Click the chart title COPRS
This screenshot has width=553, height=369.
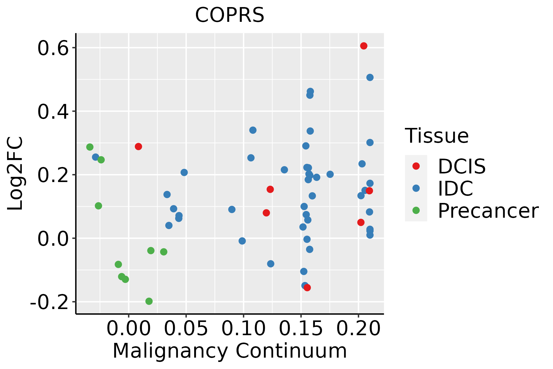point(229,15)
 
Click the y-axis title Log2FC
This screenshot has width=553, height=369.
point(15,174)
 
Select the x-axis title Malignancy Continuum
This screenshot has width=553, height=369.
point(229,351)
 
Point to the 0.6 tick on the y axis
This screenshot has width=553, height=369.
point(53,48)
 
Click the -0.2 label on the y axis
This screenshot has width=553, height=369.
point(49,302)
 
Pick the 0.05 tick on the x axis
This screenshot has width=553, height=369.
point(186,328)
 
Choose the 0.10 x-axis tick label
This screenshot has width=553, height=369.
point(243,328)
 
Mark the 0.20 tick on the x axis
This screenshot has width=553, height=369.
point(358,328)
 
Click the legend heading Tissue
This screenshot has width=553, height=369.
point(437,136)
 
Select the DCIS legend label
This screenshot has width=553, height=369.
point(461,166)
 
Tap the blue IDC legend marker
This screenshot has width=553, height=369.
point(416,188)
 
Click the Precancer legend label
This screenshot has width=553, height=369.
point(488,211)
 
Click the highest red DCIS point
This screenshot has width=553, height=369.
point(364,46)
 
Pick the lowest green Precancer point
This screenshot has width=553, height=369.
point(149,301)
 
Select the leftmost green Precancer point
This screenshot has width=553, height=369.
point(90,147)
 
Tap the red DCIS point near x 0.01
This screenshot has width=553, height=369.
point(138,146)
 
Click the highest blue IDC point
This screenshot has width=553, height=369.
point(370,77)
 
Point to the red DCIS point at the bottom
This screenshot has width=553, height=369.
point(307,288)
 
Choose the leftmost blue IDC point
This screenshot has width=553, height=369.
point(96,157)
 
